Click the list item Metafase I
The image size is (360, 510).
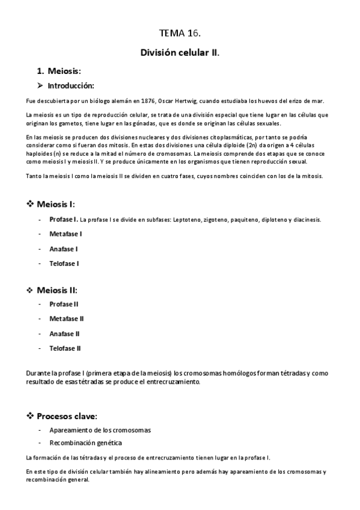pyautogui.click(x=66, y=234)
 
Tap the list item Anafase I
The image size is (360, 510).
pyautogui.click(x=64, y=248)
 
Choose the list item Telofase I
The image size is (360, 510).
pyautogui.click(x=64, y=263)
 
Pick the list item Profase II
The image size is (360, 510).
pyautogui.click(x=64, y=304)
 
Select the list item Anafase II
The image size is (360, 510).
pyautogui.click(x=65, y=333)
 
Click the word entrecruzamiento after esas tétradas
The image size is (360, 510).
pyautogui.click(x=175, y=382)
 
